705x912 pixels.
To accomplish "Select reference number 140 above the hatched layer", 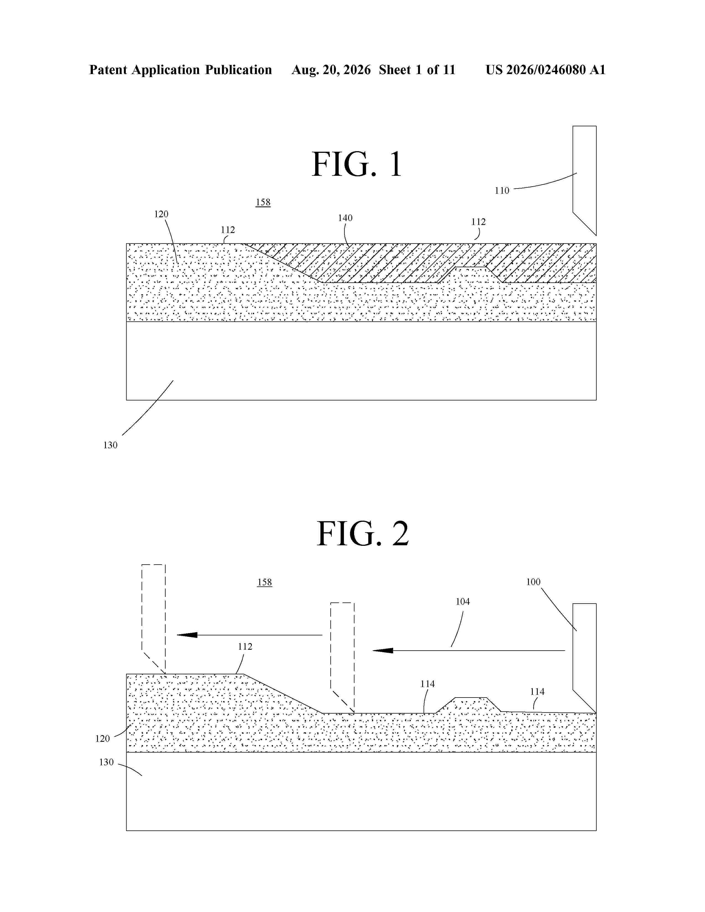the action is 345,218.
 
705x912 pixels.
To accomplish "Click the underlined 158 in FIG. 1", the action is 263,202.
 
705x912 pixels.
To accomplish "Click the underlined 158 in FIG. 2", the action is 264,582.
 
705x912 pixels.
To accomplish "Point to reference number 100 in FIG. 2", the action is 533,582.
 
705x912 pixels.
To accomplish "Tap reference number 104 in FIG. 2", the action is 463,601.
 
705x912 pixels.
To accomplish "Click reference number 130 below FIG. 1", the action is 110,445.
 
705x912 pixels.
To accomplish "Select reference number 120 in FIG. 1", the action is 161,214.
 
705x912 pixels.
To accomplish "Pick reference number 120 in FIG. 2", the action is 102,739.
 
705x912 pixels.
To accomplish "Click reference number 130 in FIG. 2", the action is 106,762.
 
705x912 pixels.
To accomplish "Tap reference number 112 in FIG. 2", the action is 245,646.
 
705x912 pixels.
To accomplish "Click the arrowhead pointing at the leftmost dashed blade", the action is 187,635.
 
